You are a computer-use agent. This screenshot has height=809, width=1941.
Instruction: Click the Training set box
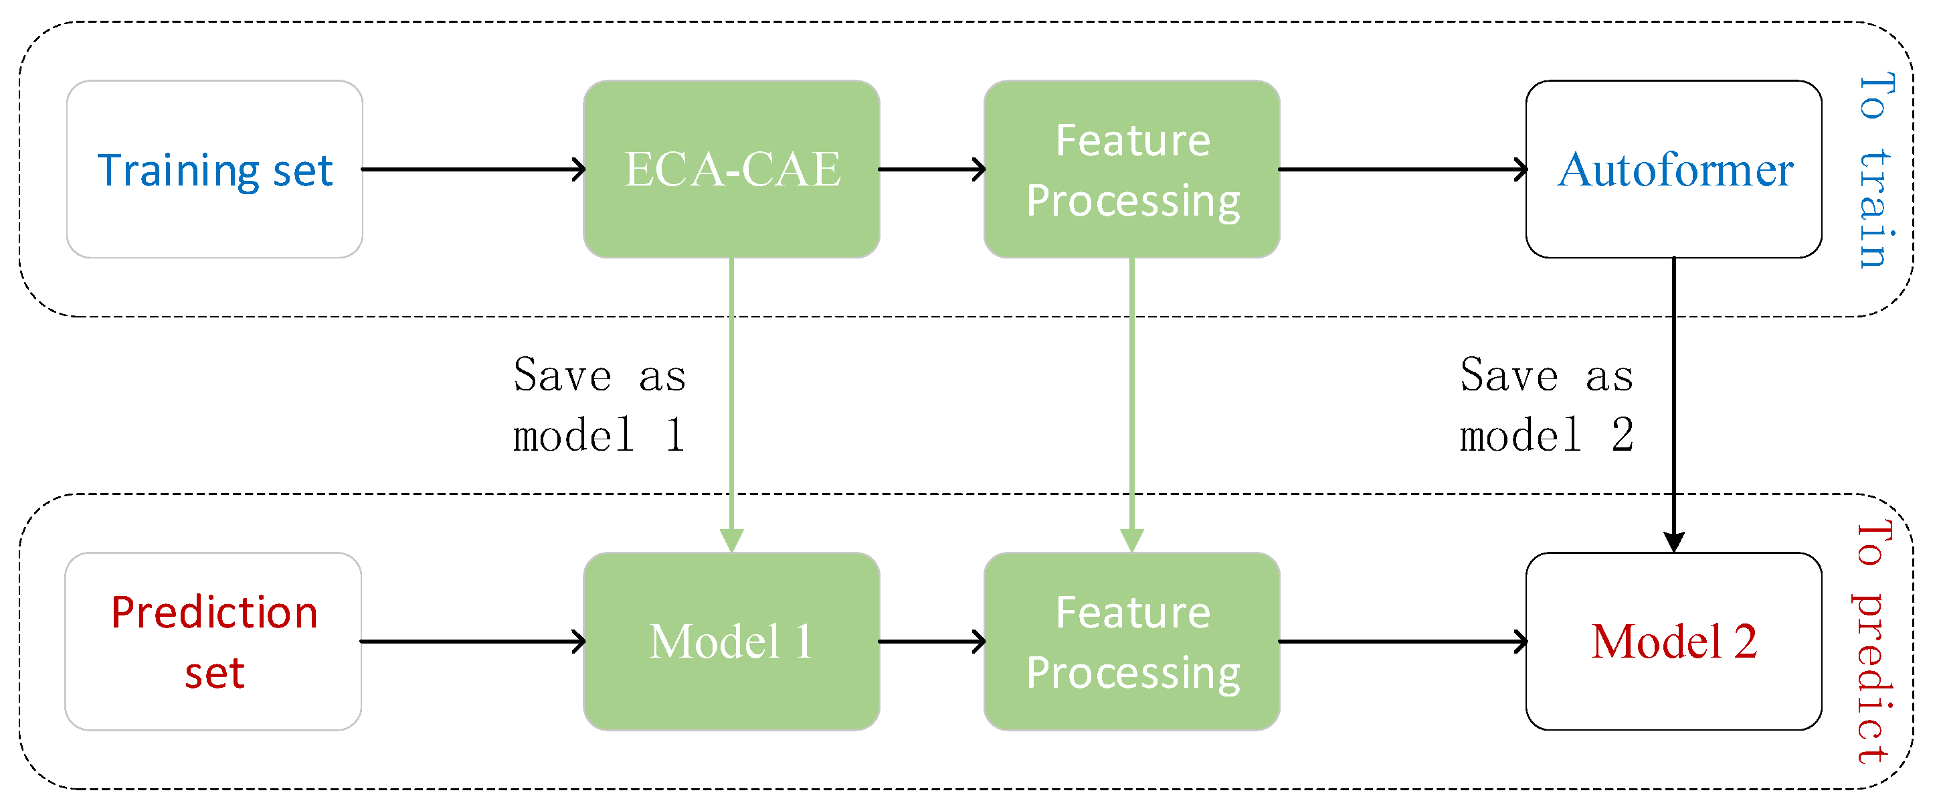pos(215,169)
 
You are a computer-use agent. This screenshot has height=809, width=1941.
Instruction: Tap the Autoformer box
pos(1674,169)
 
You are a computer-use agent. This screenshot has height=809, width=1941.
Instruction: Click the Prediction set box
pos(214,642)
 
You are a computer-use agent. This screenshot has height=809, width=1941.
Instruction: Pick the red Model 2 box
pos(1674,642)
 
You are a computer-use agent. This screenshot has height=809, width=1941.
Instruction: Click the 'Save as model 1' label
pos(599,405)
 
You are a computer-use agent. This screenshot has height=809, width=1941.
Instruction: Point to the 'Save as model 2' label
pos(1547,405)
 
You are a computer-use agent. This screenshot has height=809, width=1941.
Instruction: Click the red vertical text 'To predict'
pos(1873,642)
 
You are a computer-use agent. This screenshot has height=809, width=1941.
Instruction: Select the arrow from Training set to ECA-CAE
pos(473,169)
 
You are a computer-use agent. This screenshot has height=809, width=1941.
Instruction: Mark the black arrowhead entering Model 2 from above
pos(1674,541)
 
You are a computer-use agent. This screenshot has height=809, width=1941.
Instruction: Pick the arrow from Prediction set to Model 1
pos(473,642)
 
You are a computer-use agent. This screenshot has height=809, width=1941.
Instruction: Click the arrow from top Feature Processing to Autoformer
pos(1403,169)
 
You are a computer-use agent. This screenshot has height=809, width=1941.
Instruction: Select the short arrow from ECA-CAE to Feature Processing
pos(932,169)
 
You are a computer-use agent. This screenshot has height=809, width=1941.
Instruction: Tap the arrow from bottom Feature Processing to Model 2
pos(1403,642)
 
